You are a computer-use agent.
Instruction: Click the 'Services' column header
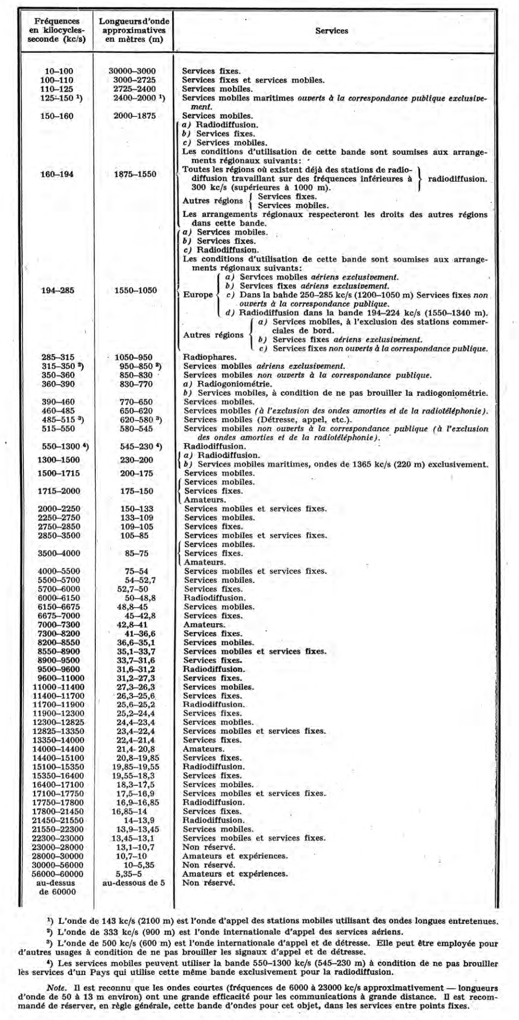click(332, 31)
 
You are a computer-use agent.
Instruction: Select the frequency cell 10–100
click(57, 71)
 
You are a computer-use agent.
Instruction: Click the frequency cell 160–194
click(57, 174)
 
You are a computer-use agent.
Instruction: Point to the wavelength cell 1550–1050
click(135, 290)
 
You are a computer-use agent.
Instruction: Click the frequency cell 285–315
click(57, 358)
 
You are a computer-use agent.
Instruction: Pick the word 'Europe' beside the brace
click(198, 295)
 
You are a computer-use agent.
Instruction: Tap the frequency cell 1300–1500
click(59, 460)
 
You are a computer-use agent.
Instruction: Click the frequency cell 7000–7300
click(59, 625)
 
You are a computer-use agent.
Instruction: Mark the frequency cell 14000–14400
click(60, 749)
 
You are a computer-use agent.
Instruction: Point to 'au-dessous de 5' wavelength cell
click(134, 883)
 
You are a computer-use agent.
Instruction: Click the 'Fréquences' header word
click(57, 21)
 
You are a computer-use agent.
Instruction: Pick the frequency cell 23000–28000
click(60, 847)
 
